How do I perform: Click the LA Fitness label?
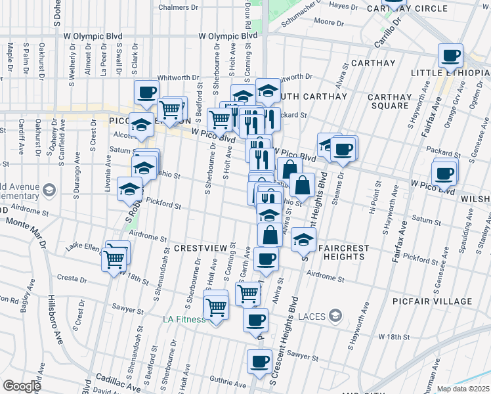coord(184,320)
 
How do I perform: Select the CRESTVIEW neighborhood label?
coord(201,248)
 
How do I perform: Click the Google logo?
coord(22,386)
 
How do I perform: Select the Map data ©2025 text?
coord(463,389)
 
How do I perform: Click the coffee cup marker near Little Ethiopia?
coord(450,56)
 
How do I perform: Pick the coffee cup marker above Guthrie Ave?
coord(259,361)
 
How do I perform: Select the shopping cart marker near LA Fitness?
coord(216,306)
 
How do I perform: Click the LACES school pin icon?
coord(335,317)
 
